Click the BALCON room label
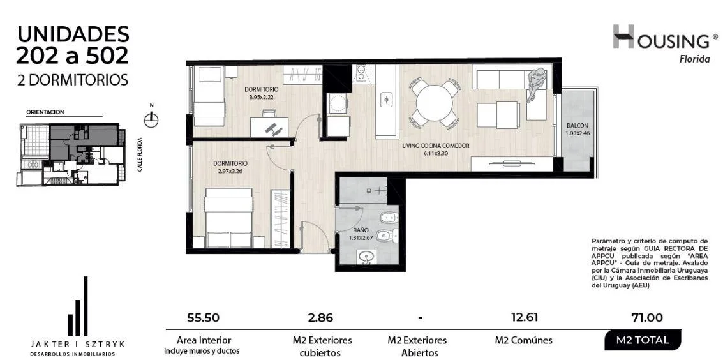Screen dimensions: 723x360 pyautogui.click(x=578, y=125)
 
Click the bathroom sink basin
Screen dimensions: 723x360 pyautogui.click(x=366, y=257)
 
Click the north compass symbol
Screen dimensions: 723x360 pyautogui.click(x=151, y=119)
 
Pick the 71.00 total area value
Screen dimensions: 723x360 pyautogui.click(x=648, y=318)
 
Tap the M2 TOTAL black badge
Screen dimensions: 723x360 pyautogui.click(x=643, y=341)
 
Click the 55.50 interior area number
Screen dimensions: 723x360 pyautogui.click(x=204, y=318)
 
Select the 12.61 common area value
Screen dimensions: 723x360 pyautogui.click(x=524, y=317)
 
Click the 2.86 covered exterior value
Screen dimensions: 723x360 pyautogui.click(x=319, y=318)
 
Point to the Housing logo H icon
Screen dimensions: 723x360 pyautogui.click(x=623, y=36)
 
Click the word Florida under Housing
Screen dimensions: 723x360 pyautogui.click(x=695, y=59)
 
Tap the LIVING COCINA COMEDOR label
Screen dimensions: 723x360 pyautogui.click(x=436, y=146)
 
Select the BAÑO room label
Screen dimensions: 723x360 pyautogui.click(x=360, y=230)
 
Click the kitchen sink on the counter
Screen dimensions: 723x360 pyautogui.click(x=387, y=99)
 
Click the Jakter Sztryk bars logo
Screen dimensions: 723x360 pyautogui.click(x=77, y=306)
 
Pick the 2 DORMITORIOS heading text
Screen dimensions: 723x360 pyautogui.click(x=72, y=80)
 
